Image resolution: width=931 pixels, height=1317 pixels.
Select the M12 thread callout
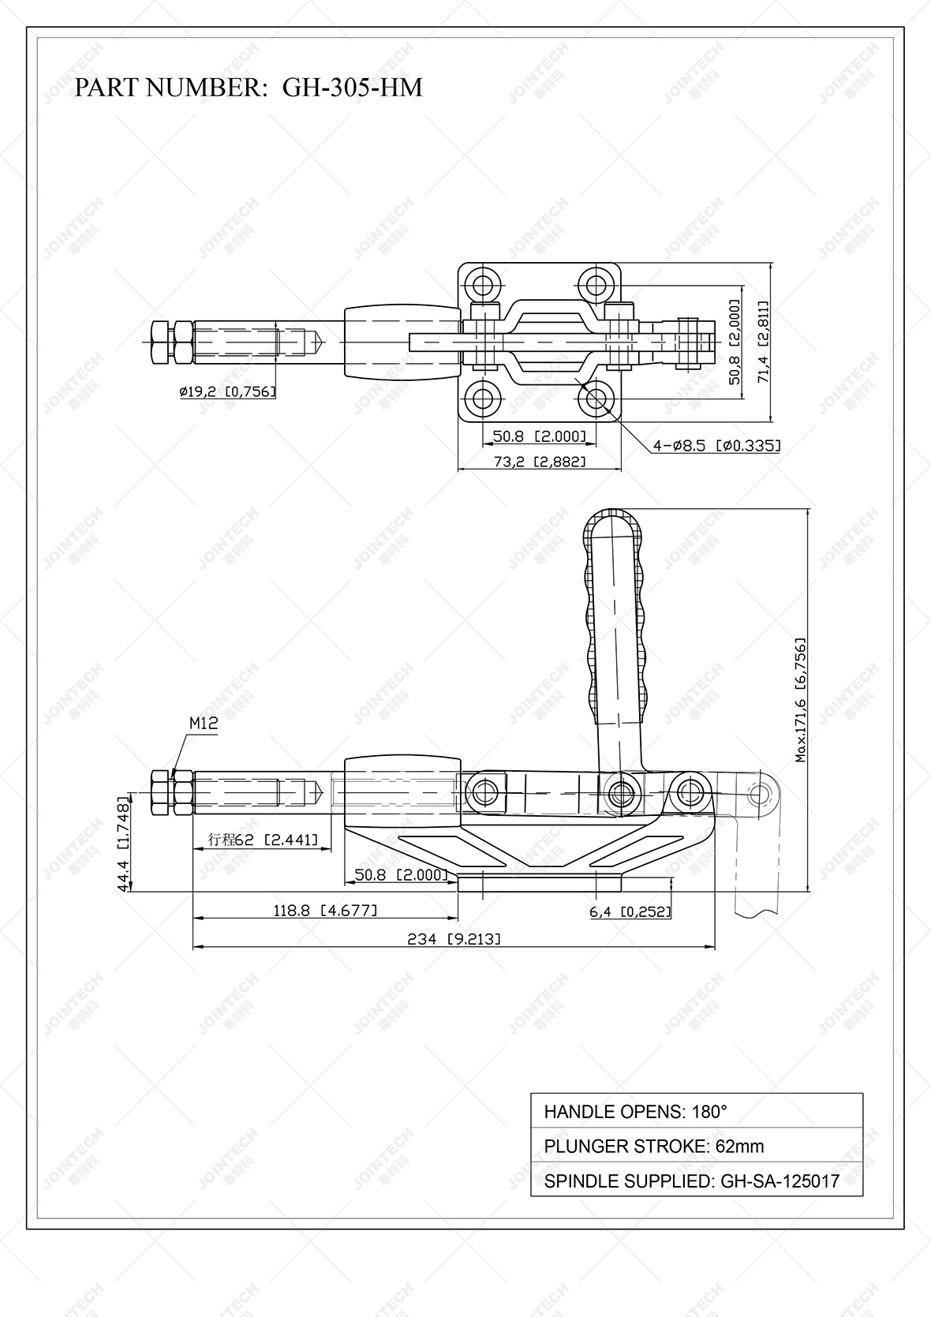coord(203,722)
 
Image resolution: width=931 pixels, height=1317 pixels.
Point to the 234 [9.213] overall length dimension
coord(454,938)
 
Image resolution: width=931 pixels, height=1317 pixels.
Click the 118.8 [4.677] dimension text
coord(325,910)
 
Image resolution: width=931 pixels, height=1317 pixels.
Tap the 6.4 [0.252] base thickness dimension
coord(630,911)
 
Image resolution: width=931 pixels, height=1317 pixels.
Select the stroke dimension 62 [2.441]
coord(263,840)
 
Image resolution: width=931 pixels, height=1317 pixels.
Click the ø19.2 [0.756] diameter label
coord(227,391)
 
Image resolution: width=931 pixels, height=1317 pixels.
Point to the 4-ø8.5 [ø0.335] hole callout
coord(716,446)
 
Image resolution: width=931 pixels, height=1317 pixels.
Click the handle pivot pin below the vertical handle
coord(622,791)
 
